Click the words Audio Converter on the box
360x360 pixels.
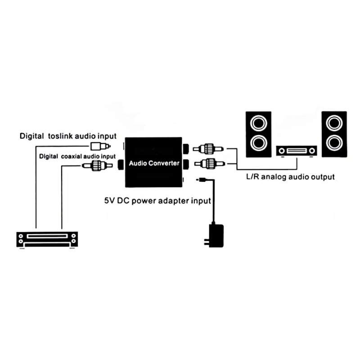point(154,163)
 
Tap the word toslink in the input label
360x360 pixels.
point(61,136)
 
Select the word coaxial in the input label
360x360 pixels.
point(71,156)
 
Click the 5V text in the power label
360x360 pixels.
point(109,201)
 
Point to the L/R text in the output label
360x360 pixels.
point(252,176)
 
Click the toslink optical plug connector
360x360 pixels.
point(100,146)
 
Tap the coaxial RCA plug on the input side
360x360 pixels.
point(97,166)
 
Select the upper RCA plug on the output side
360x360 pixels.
point(208,149)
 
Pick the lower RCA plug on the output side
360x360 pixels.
point(210,164)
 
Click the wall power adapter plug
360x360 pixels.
point(215,235)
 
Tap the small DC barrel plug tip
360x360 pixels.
point(201,180)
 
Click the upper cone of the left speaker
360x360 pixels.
point(258,123)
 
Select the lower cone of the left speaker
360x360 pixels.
point(258,143)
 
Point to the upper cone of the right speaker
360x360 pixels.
point(334,123)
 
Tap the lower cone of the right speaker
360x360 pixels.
point(334,143)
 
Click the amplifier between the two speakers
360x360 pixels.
point(297,151)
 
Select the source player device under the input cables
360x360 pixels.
point(47,240)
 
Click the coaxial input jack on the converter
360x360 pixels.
point(121,165)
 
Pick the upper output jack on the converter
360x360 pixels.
point(186,149)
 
